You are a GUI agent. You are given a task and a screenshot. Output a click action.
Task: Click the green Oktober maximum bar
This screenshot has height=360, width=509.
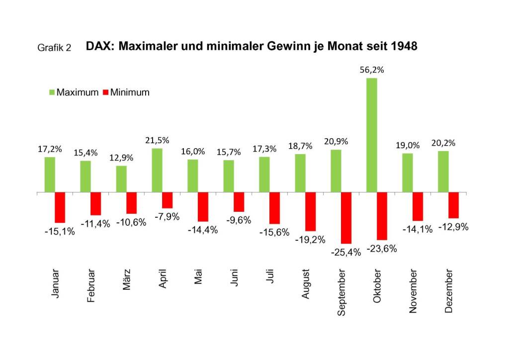[372, 135]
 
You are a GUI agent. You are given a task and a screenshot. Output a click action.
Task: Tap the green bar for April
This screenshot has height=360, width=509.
[157, 170]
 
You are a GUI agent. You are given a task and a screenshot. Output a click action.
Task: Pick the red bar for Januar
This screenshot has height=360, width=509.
[60, 207]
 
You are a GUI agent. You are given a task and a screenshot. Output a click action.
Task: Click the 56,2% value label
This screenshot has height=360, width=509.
[372, 71]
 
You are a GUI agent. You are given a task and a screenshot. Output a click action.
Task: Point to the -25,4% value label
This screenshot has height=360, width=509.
[345, 252]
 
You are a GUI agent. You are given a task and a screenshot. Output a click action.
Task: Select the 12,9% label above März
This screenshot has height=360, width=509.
[121, 158]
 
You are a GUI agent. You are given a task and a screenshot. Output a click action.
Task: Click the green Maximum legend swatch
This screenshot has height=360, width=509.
[51, 92]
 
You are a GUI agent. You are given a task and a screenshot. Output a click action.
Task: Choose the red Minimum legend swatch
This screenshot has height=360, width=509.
[105, 92]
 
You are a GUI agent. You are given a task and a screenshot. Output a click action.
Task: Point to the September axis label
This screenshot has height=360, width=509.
[341, 294]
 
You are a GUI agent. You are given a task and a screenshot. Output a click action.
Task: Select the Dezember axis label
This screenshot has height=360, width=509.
[449, 292]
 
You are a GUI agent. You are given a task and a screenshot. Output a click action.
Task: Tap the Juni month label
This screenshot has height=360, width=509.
[234, 283]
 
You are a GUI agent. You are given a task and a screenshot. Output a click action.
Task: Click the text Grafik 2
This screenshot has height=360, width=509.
[54, 48]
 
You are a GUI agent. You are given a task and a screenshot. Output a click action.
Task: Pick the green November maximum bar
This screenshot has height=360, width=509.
[408, 173]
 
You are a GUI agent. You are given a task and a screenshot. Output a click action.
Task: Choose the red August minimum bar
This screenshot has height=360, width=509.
[311, 212]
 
